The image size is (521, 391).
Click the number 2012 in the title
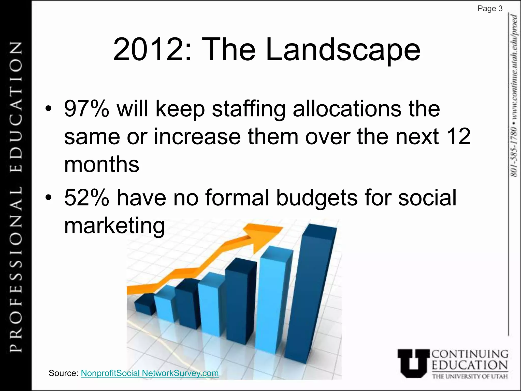(x=148, y=49)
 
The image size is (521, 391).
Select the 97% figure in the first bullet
(x=86, y=109)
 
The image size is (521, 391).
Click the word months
(x=102, y=164)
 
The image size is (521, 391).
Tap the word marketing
(x=114, y=226)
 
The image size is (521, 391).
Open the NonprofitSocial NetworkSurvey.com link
(x=150, y=373)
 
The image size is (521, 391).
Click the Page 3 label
(x=490, y=9)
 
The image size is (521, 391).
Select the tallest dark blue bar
(x=310, y=293)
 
